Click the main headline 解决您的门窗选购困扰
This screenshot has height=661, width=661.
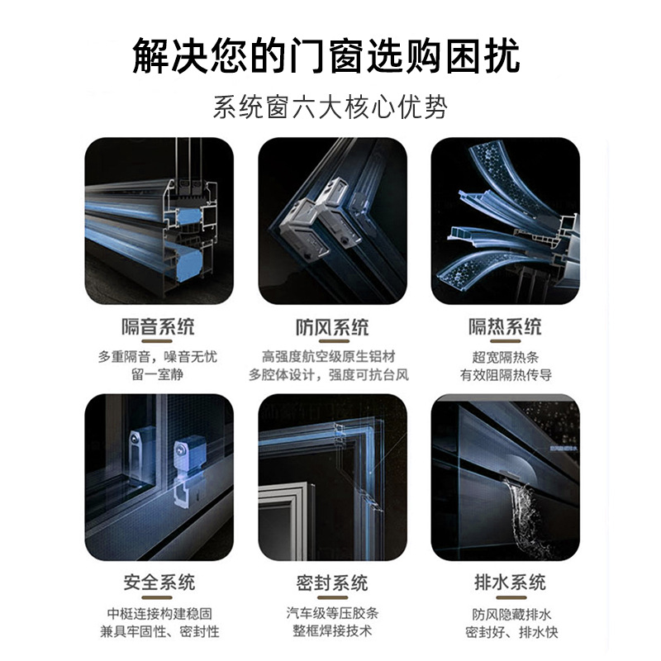[326, 55]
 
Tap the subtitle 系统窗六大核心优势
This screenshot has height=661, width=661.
[330, 107]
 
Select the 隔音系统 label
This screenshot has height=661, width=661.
[159, 326]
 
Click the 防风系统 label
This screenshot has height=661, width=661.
[332, 327]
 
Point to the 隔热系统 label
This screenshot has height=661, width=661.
[506, 326]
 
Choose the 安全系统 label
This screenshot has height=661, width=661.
[159, 583]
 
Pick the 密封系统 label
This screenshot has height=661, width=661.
[332, 583]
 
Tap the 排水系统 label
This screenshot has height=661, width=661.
[511, 583]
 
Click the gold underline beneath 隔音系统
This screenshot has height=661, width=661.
[157, 341]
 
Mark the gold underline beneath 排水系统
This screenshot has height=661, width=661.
[511, 597]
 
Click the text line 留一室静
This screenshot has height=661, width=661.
[158, 374]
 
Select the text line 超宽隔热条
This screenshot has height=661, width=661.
[506, 358]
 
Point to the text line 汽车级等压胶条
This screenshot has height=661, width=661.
[332, 613]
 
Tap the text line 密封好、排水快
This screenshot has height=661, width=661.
[511, 632]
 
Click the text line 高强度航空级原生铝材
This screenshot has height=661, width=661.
[329, 357]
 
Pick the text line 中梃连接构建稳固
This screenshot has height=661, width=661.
[159, 613]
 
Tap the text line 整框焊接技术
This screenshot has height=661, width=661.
[332, 631]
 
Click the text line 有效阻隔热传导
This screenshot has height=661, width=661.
[506, 375]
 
